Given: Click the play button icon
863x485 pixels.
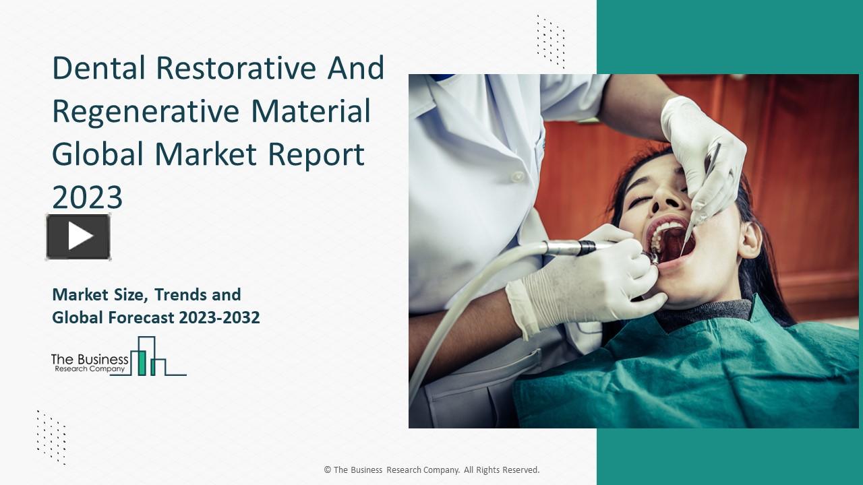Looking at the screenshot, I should pyautogui.click(x=78, y=236).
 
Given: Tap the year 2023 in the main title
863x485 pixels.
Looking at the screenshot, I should pyautogui.click(x=88, y=197).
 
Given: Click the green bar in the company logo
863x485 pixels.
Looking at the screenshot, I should pyautogui.click(x=142, y=362).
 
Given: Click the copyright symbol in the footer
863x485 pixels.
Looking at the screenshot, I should pyautogui.click(x=327, y=470).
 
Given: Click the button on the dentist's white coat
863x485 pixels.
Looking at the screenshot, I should pyautogui.click(x=517, y=176).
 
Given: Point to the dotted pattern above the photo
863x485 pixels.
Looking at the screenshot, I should pyautogui.click(x=550, y=41).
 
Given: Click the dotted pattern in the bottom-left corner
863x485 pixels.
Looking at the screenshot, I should pyautogui.click(x=51, y=437).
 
